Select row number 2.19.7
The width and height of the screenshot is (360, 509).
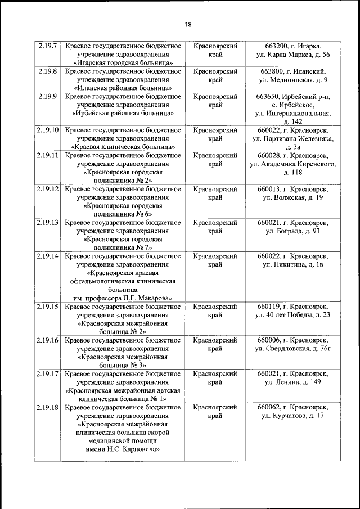click(x=47, y=46)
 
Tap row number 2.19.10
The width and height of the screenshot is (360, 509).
click(x=47, y=130)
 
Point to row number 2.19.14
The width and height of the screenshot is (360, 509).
click(x=47, y=256)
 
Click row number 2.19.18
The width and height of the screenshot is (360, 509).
click(x=47, y=407)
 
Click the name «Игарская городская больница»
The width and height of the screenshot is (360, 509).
click(x=123, y=63)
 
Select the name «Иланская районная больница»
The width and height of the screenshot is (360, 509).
click(x=123, y=88)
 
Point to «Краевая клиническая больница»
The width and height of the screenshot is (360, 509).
click(x=123, y=147)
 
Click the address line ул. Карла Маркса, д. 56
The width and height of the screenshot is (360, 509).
click(x=292, y=55)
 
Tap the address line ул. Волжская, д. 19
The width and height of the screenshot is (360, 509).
click(x=292, y=197)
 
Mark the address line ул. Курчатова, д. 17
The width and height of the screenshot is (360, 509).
click(x=292, y=416)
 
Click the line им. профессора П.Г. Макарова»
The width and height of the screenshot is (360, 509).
click(x=123, y=298)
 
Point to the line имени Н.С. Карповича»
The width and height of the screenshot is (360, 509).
click(x=123, y=449)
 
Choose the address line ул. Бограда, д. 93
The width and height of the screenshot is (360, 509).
click(x=292, y=231)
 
